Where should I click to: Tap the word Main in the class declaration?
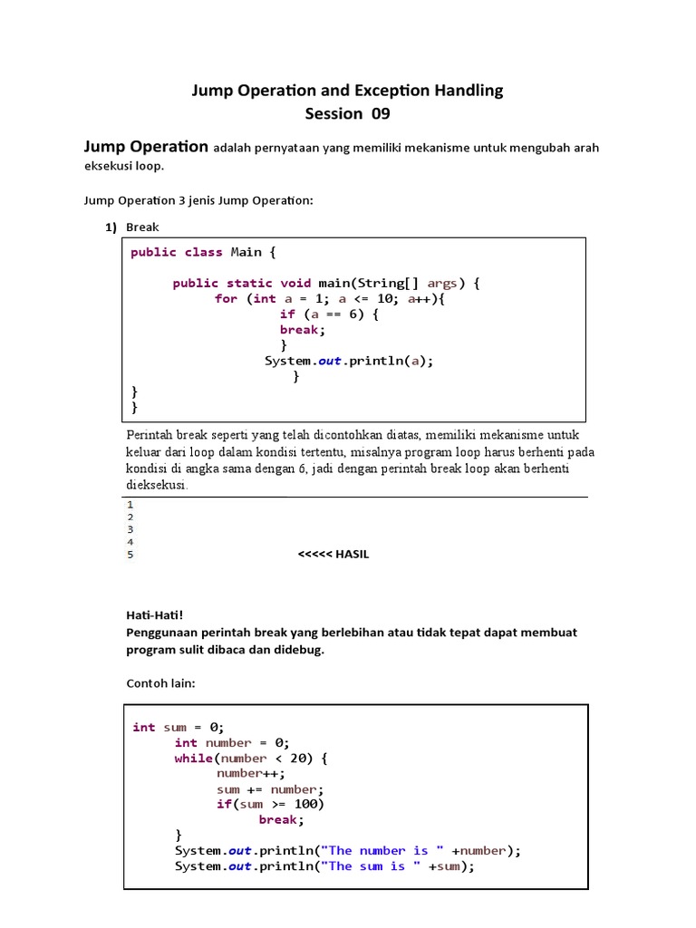pos(246,252)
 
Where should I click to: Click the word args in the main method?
pos(442,283)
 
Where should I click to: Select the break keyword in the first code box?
pos(300,329)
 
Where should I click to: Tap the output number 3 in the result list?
pos(130,528)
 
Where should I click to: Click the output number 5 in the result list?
pos(130,554)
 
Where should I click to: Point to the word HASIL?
pos(353,554)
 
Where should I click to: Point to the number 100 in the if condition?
pos(309,804)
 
